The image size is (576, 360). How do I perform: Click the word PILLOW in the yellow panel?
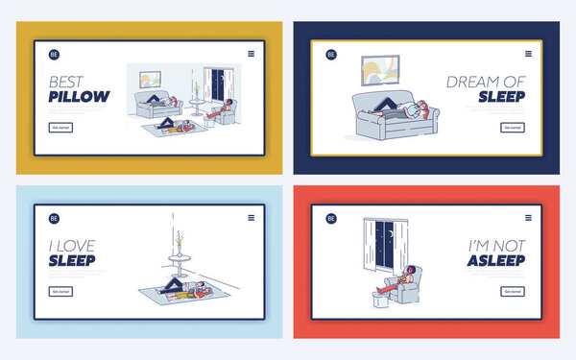coord(79,96)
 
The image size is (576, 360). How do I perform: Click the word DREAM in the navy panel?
coord(469,82)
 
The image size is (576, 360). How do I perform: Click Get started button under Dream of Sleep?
coord(513,127)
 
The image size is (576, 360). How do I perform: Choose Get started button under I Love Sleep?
coord(60,291)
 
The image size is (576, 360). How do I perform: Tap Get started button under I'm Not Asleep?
coord(513,291)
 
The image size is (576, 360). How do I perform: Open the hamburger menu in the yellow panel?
coord(252,54)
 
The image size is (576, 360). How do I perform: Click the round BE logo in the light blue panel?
coord(54,218)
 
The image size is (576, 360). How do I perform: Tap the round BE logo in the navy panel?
coord(330,55)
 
